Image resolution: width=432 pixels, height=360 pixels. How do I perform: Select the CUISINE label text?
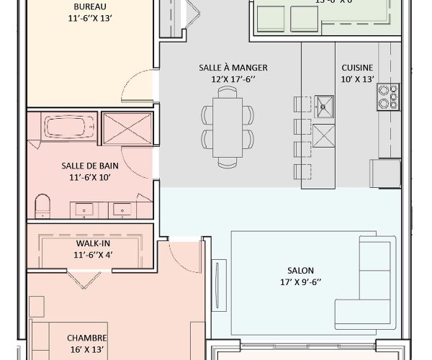click(357, 67)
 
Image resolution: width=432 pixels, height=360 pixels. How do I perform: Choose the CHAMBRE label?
click(87, 338)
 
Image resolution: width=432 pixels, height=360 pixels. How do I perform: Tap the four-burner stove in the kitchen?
click(387, 97)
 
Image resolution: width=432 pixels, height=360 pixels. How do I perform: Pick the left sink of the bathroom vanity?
click(85, 210)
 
